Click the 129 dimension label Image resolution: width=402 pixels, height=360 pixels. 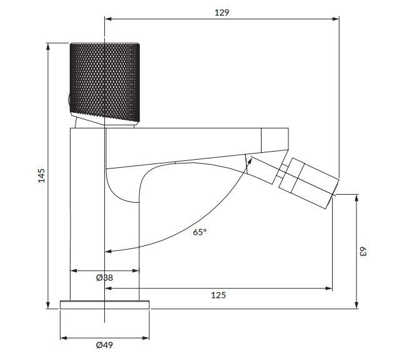tap(222, 12)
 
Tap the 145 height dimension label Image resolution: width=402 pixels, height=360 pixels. tap(41, 175)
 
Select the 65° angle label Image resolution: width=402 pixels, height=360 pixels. tap(200, 232)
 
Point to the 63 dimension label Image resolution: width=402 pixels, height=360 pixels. tap(363, 251)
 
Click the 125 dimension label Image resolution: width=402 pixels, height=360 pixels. tap(218, 295)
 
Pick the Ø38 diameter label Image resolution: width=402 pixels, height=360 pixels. tap(104, 278)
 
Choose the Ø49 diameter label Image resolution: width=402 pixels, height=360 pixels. tap(104, 345)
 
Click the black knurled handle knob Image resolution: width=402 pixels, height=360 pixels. tap(105, 82)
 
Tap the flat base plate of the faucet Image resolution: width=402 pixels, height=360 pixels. tap(105, 304)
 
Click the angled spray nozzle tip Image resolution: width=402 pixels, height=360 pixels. tap(309, 183)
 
